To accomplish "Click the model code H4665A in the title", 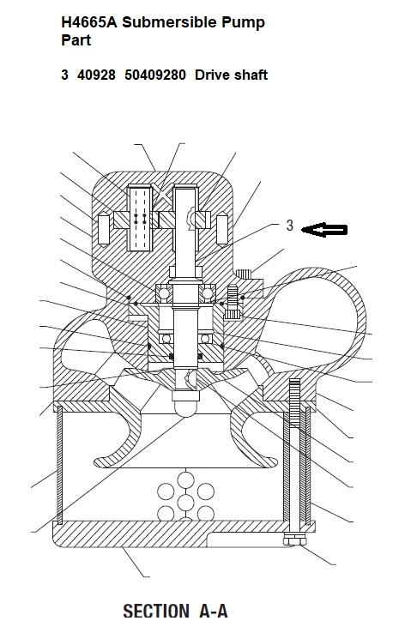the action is (89, 22).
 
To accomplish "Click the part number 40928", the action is (96, 75).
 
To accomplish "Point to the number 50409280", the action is (155, 75).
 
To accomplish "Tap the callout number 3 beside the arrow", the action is (289, 226).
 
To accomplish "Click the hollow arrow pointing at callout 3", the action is (324, 230).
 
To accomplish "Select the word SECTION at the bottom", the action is (155, 611).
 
